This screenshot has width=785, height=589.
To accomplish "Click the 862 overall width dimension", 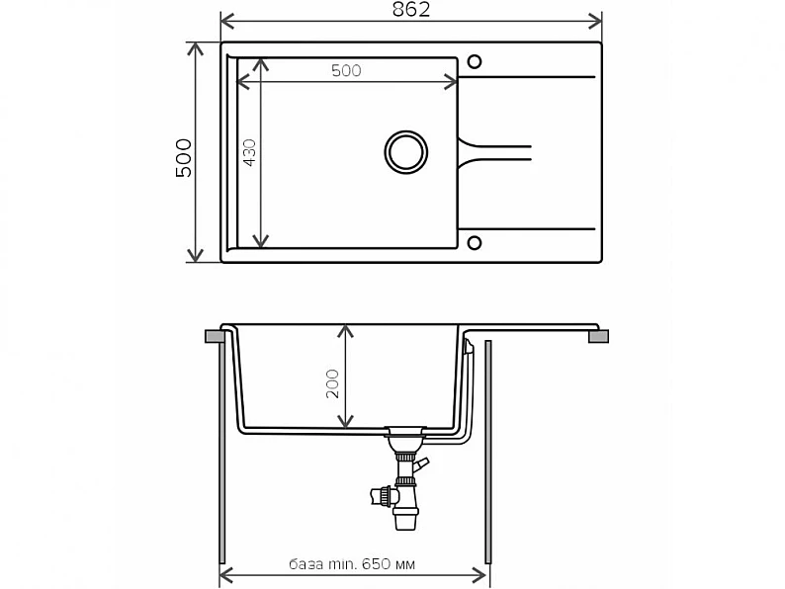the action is (411, 10).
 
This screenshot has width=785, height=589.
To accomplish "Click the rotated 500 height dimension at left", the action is (184, 158).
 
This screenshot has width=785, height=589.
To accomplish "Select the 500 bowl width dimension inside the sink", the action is (346, 70).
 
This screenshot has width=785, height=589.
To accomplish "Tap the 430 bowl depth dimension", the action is (249, 152).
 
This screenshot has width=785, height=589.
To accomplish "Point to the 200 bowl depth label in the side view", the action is (332, 383).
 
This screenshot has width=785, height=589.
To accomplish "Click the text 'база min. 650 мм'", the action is (352, 564).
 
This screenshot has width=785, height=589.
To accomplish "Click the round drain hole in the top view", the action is (406, 152).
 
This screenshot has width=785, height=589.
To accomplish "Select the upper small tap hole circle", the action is (475, 61).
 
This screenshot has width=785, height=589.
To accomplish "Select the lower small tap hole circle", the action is (475, 243).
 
